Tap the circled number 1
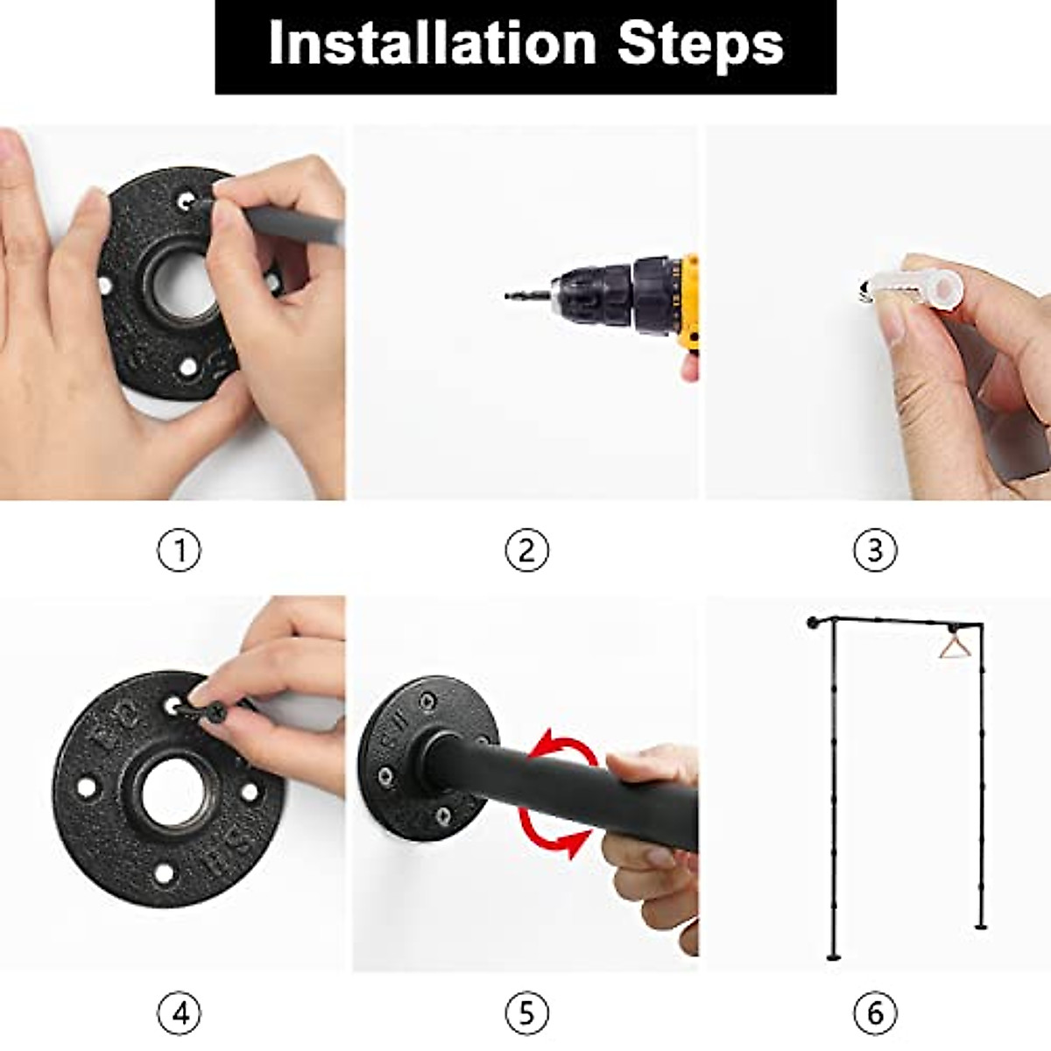click(x=180, y=550)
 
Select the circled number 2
click(x=527, y=550)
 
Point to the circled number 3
click(x=875, y=550)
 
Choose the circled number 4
click(x=180, y=1013)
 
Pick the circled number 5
click(x=527, y=1013)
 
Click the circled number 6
click(x=875, y=1013)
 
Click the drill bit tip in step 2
click(x=507, y=296)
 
